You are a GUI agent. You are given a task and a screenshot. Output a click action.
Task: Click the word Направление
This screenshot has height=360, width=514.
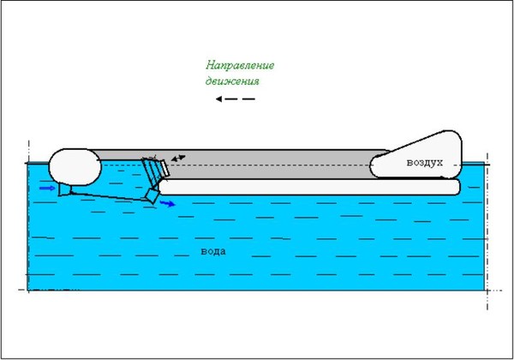pyautogui.click(x=240, y=66)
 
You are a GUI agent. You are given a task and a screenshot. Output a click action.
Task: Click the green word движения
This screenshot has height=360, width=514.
pyautogui.click(x=232, y=81)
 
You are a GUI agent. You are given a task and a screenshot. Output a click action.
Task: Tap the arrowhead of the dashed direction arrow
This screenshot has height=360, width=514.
pyautogui.click(x=218, y=99)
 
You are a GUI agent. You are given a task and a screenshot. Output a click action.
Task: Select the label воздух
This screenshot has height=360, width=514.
pyautogui.click(x=425, y=162)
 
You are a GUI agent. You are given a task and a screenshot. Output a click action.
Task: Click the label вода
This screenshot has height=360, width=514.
pyautogui.click(x=213, y=251)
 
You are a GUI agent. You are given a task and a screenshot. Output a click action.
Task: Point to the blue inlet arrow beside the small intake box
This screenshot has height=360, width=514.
pyautogui.click(x=47, y=188)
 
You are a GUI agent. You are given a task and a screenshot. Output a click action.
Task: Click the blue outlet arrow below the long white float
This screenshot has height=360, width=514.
pyautogui.click(x=168, y=204)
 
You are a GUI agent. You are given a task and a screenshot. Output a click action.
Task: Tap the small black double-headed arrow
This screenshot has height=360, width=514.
pyautogui.click(x=178, y=159)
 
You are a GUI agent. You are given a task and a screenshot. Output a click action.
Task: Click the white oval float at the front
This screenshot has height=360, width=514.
pyautogui.click(x=75, y=167)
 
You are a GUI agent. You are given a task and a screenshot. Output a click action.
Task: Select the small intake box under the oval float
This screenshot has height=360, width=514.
pyautogui.click(x=64, y=189)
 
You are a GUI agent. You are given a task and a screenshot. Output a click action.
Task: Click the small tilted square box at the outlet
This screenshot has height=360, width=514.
pyautogui.click(x=152, y=196)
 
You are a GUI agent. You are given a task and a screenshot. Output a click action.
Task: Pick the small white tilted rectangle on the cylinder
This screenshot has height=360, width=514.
pyautogui.click(x=164, y=168)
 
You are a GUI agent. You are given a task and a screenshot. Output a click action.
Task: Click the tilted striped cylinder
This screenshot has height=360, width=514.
pyautogui.click(x=152, y=172)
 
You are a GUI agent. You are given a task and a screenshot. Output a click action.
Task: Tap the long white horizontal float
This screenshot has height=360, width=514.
pyautogui.click(x=308, y=187)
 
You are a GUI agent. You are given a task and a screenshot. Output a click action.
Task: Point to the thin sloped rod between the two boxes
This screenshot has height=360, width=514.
pyautogui.click(x=108, y=196)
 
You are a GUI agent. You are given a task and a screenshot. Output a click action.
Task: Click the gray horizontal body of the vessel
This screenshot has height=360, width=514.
pyautogui.click(x=262, y=164)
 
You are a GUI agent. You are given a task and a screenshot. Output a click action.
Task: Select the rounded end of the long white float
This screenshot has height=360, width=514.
pyautogui.click(x=457, y=187)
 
